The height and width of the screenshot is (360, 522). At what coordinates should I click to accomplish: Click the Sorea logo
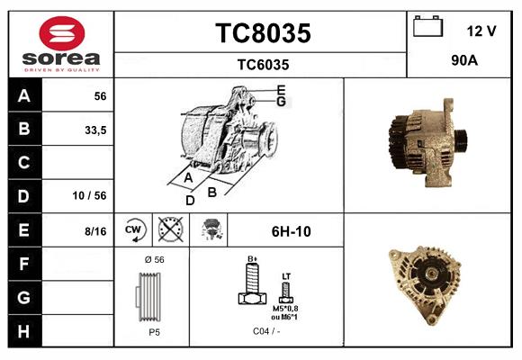click(61, 44)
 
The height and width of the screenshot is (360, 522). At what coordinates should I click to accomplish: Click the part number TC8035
click(262, 33)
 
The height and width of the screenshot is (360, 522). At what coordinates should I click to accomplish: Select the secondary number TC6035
click(262, 64)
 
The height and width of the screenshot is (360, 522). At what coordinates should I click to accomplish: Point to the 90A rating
click(463, 62)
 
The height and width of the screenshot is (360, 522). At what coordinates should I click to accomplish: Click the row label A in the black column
click(24, 96)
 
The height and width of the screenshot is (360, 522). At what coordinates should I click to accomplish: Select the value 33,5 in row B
click(94, 130)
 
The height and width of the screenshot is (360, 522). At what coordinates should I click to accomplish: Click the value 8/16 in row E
click(94, 231)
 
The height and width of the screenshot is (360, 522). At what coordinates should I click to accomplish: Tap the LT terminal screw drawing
click(286, 291)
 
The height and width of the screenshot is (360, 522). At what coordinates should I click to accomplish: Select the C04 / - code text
click(265, 331)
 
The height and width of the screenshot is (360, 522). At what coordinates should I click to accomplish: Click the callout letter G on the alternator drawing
click(281, 102)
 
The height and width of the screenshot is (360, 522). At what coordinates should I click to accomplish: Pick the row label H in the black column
click(24, 330)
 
